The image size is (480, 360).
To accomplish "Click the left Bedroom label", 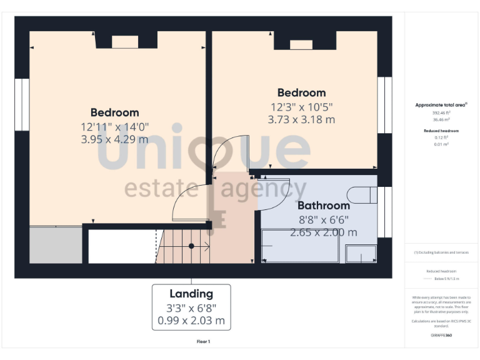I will point(114,112).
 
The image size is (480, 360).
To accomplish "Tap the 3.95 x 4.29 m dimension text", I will point(114,139).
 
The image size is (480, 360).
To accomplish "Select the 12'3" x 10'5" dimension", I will point(302,106).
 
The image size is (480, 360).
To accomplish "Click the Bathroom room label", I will point(323,206).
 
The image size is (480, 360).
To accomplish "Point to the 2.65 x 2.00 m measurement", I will point(323,232).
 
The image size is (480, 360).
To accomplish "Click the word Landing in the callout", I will point(191,294).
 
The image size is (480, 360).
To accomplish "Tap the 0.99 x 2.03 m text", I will point(191,322).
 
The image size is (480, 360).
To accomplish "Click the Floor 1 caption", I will point(203,342).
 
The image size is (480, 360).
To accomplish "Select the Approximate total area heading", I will point(441,105).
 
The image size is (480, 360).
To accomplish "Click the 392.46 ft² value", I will point(441,112).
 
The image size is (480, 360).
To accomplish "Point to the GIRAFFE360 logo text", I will point(441,336).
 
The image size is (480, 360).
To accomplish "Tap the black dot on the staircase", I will point(191,246).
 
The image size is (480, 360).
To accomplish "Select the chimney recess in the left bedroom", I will point(124,42).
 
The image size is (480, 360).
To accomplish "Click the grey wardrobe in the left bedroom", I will point(56,245).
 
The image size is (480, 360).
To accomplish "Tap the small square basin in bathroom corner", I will point(361,254).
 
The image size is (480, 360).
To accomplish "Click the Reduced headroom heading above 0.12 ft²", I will point(441,131).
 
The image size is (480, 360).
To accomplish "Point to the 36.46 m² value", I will point(441,119).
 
